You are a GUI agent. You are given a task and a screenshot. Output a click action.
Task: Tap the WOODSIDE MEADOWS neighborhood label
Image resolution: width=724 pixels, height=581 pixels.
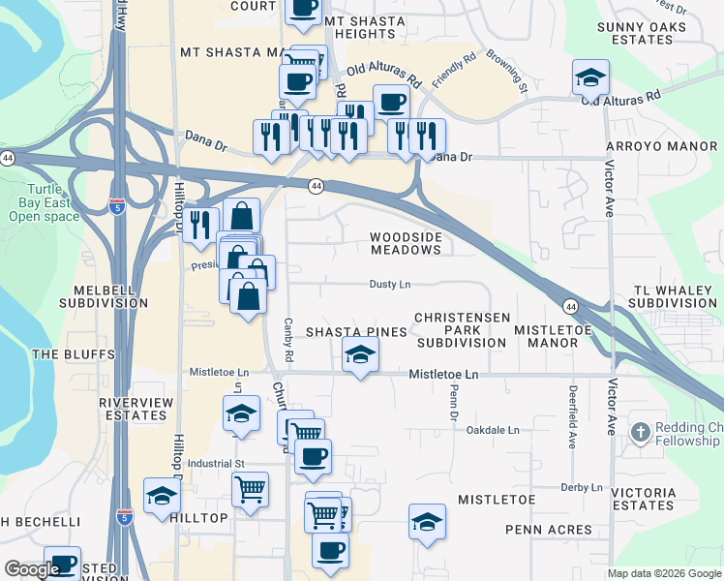click(407, 243)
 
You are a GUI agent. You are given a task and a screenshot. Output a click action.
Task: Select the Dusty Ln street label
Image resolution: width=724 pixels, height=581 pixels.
click(390, 285)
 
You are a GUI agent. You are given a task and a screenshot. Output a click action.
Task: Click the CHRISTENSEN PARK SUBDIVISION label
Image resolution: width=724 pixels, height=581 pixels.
click(462, 330)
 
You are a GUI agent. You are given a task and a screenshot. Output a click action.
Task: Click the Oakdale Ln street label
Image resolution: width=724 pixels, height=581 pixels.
click(493, 430)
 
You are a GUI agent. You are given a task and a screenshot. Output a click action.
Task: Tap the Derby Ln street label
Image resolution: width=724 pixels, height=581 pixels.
click(581, 487)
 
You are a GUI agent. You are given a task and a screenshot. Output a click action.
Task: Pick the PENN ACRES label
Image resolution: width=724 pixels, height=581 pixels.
click(549, 530)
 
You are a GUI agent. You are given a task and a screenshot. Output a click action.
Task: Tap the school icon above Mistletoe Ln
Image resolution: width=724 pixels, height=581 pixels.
click(359, 356)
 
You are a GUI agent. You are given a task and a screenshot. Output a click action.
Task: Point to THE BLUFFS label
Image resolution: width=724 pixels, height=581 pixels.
click(61, 354)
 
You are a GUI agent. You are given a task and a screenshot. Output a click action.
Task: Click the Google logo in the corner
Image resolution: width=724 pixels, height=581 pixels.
click(31, 569)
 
